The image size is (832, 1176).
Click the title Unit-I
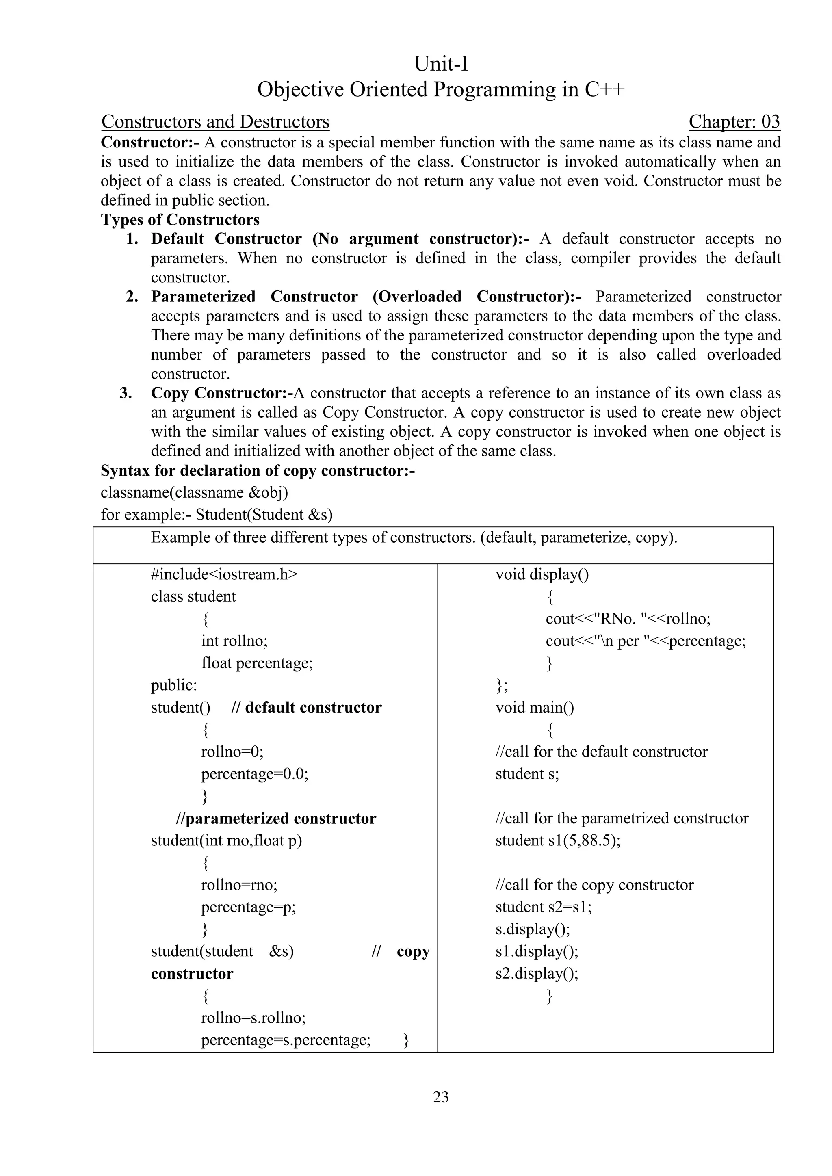tap(441, 64)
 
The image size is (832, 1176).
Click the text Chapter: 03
tap(734, 122)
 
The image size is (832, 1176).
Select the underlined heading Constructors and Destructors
tap(215, 122)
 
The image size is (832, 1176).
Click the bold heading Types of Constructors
tap(180, 220)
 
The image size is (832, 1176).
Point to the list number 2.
tap(132, 297)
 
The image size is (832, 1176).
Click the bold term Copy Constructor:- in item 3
tap(221, 393)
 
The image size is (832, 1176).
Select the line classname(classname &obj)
tap(195, 492)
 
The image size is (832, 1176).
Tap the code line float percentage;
tap(257, 663)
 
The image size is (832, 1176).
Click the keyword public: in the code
tap(174, 685)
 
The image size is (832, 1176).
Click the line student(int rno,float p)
tap(226, 840)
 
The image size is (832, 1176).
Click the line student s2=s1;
tap(544, 907)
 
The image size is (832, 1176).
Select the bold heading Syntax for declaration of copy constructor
tap(258, 471)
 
